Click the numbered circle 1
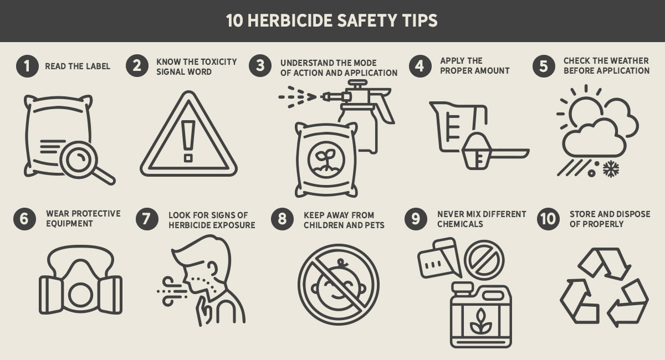click(x=27, y=66)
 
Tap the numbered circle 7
click(x=147, y=219)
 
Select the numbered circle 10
click(x=548, y=219)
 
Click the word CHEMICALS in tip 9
click(x=460, y=224)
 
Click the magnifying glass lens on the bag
click(x=79, y=160)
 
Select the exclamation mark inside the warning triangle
click(x=188, y=141)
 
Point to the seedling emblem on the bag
click(x=326, y=160)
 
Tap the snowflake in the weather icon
click(x=611, y=169)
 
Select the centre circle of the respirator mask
click(x=80, y=295)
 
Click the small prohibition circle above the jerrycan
click(x=484, y=260)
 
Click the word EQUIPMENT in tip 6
click(x=69, y=224)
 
